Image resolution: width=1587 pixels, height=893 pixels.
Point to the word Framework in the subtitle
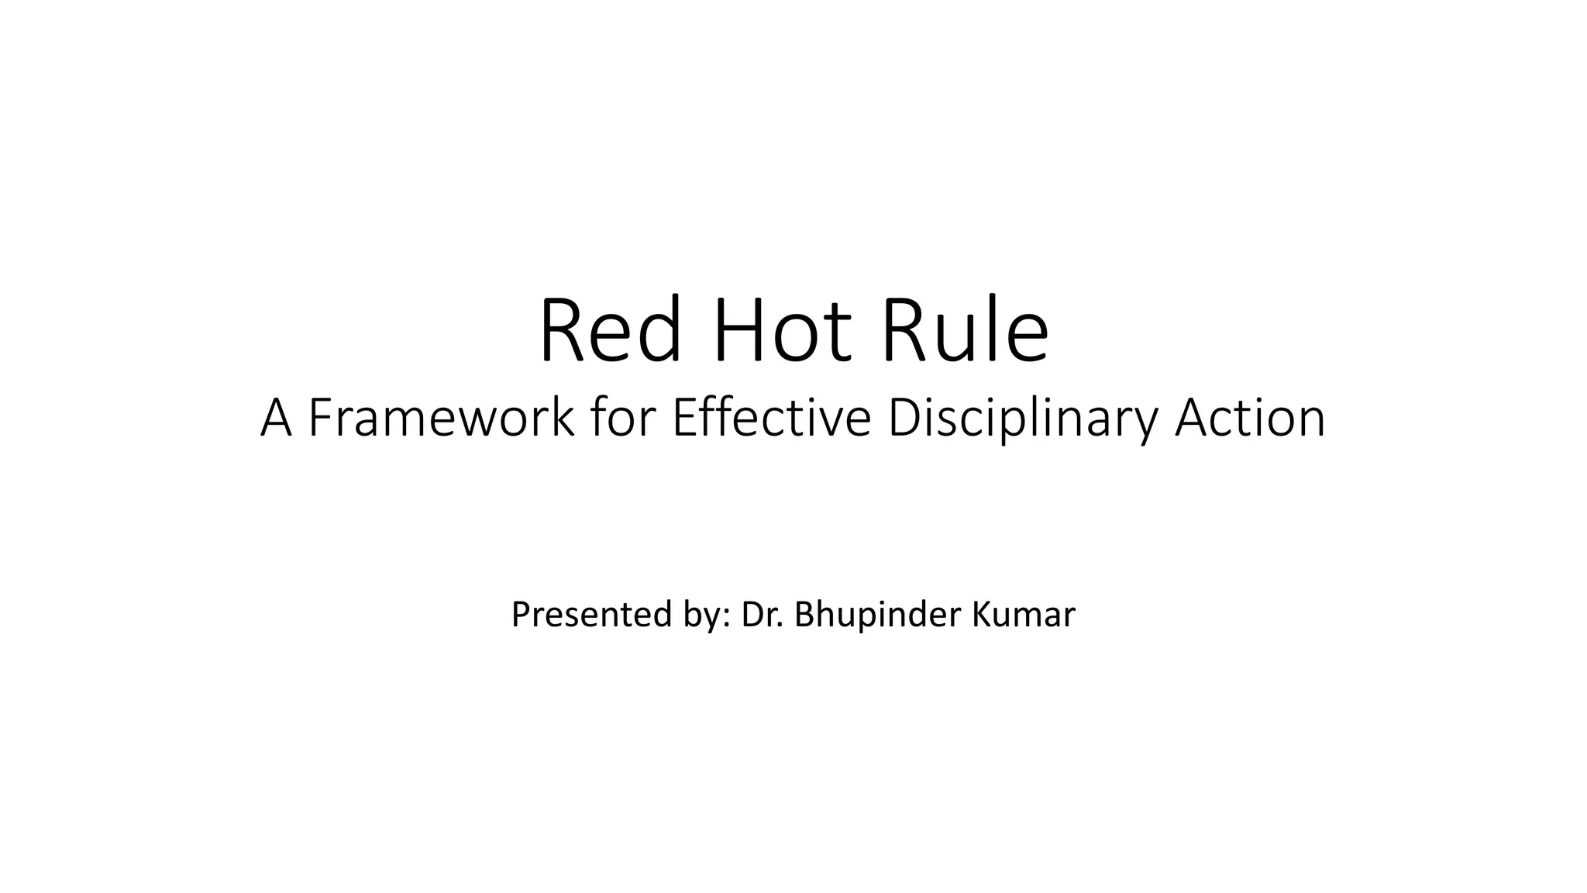tap(441, 419)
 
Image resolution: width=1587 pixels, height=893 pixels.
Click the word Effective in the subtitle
tap(772, 419)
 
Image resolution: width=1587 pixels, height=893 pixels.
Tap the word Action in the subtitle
tap(1250, 419)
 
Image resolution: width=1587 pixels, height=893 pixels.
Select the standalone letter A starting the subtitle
tap(276, 419)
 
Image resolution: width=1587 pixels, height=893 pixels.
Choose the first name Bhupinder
tap(872, 615)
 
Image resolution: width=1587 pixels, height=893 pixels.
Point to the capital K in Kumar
tap(979, 615)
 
